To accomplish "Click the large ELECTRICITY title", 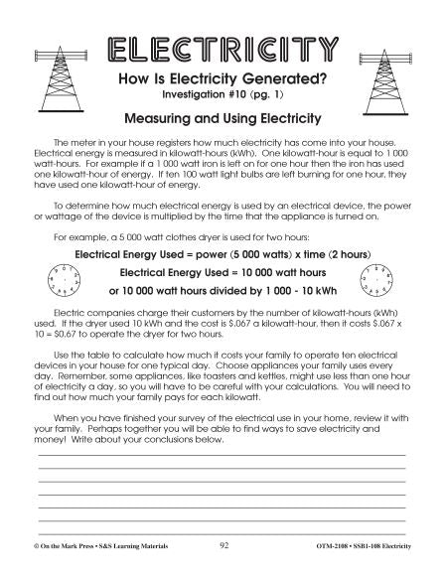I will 223,49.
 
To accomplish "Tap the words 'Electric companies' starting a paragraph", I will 85,312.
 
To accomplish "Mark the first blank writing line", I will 223,456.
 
